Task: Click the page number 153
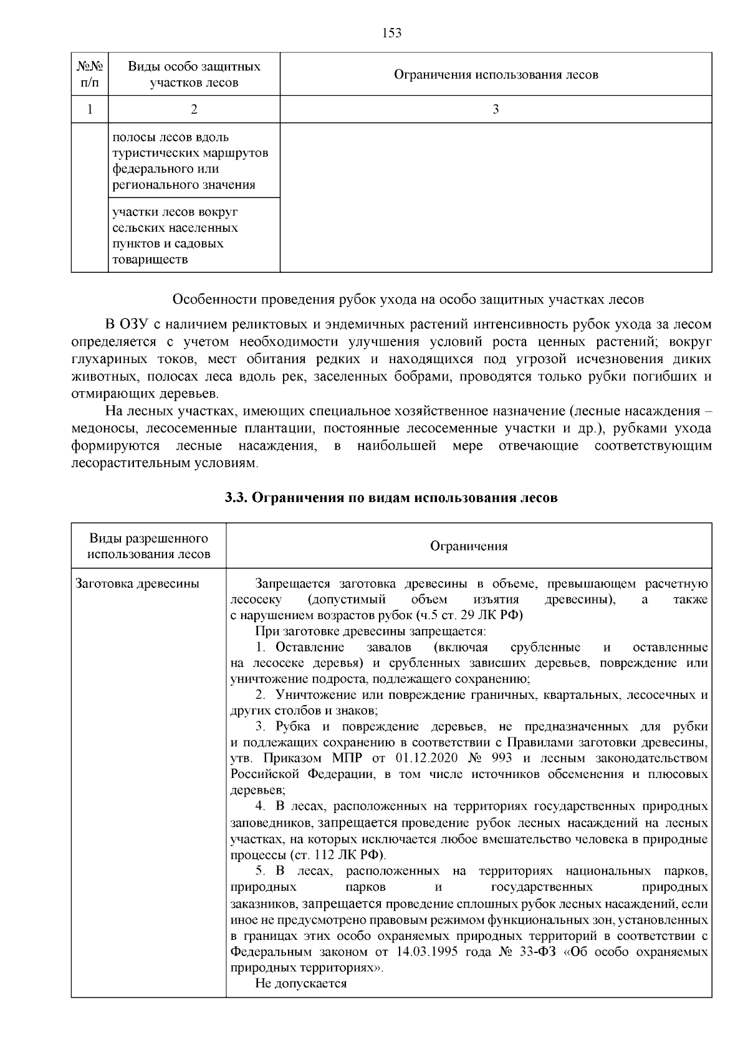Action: (x=391, y=33)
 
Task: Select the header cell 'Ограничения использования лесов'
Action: (x=496, y=75)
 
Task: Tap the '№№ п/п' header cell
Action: (x=90, y=74)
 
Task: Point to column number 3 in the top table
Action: (x=496, y=110)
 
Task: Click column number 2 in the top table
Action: (x=194, y=110)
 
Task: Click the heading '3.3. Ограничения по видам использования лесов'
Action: (x=391, y=498)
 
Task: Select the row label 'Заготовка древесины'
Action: (x=137, y=584)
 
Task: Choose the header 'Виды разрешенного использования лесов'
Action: (x=149, y=546)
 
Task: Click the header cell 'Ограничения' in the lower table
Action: (x=469, y=546)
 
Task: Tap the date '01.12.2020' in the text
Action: (x=423, y=758)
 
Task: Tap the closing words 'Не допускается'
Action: (x=300, y=984)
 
